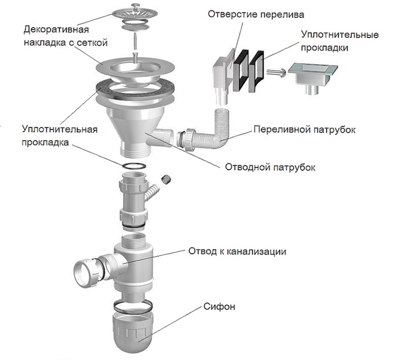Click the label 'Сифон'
(x=219, y=307)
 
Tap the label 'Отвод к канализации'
(x=237, y=252)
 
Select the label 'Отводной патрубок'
(x=270, y=167)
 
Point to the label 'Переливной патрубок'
(x=304, y=130)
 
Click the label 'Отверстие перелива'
(x=256, y=14)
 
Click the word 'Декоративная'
(x=56, y=30)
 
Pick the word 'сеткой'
(x=92, y=42)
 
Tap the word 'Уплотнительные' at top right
(x=340, y=35)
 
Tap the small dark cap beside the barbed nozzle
(x=166, y=179)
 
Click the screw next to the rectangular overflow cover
(x=276, y=72)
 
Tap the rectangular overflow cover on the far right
(x=313, y=77)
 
